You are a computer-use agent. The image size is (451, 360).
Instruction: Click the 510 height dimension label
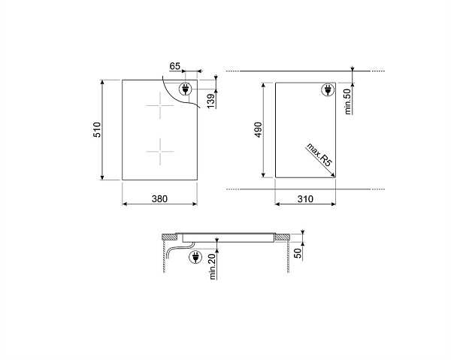97,130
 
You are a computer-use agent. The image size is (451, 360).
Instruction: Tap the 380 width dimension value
159,198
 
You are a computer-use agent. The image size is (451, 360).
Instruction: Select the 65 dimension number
174,66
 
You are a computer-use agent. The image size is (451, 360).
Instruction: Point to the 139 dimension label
210,101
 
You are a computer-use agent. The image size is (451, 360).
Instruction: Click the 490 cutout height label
258,130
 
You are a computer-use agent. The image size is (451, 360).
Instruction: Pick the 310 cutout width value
305,198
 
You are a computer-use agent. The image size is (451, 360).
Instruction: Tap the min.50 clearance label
348,101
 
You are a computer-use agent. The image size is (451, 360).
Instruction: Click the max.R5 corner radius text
319,154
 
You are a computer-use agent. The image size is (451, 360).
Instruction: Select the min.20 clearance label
213,267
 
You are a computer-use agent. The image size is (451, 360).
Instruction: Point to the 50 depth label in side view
298,253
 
